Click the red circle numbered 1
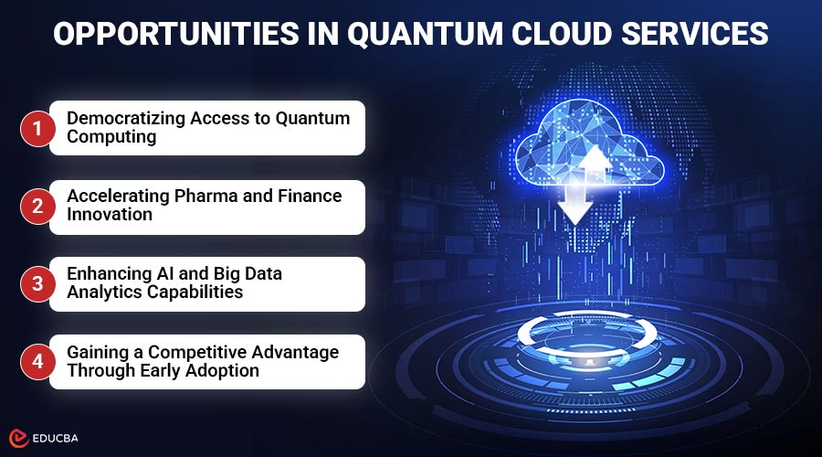click(37, 128)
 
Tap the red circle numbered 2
click(37, 207)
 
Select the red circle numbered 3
click(37, 283)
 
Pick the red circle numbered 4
click(37, 361)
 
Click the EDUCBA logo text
click(57, 437)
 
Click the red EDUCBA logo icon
click(17, 437)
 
